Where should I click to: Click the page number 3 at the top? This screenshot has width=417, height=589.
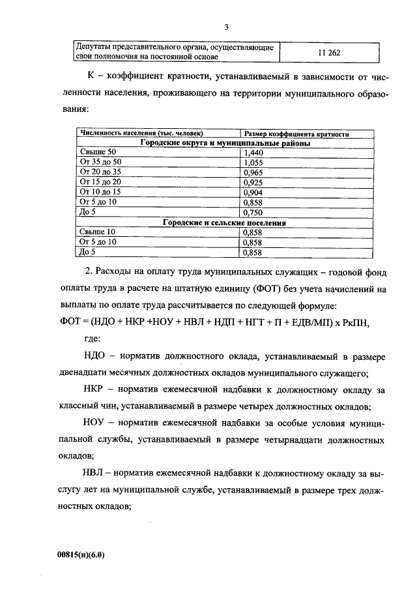click(x=226, y=27)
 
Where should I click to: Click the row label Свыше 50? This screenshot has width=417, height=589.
click(x=97, y=152)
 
